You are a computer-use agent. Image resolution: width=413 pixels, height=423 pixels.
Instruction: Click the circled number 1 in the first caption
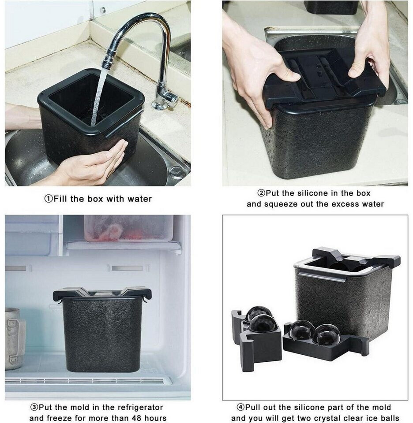click(x=49, y=199)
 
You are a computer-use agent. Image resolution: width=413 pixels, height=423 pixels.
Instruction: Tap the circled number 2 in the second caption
click(x=261, y=193)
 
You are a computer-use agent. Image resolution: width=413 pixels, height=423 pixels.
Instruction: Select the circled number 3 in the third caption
click(x=34, y=407)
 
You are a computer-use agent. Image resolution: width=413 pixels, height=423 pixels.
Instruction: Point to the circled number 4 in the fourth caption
click(x=240, y=407)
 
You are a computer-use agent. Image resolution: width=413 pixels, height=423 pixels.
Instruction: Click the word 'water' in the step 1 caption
click(x=139, y=199)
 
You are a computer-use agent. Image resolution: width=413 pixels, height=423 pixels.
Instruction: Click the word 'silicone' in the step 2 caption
click(x=315, y=193)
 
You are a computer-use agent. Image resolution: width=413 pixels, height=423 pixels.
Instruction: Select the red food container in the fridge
click(x=128, y=228)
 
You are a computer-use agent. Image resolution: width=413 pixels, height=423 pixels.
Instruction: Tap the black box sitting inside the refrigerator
click(x=102, y=329)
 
